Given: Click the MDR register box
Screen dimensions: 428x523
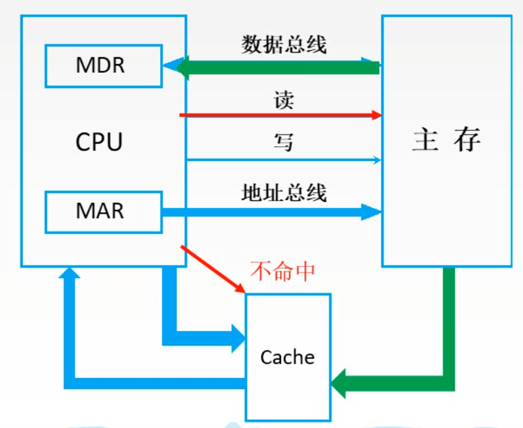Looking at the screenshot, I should coord(103,65).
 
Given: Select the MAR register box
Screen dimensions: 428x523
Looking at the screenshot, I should coord(103,212).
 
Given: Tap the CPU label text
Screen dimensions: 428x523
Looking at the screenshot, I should coord(99,142).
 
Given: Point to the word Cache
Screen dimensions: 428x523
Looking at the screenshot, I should coord(287,357).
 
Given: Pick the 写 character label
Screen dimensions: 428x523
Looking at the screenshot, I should coord(283,143).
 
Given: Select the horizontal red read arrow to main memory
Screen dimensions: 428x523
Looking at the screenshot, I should coord(277,115).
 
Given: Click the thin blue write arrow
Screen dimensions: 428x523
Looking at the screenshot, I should coord(277,160).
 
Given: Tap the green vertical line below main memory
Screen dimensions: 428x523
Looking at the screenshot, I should coord(449,321).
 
